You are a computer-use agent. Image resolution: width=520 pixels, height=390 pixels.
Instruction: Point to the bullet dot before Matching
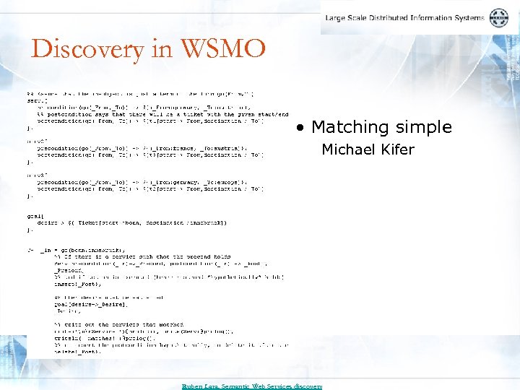click(x=300, y=128)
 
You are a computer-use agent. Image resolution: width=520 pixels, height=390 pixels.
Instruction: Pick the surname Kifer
click(x=397, y=149)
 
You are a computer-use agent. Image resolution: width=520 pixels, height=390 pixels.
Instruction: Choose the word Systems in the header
click(x=472, y=18)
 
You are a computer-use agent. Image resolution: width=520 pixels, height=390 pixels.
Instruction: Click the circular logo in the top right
click(x=499, y=18)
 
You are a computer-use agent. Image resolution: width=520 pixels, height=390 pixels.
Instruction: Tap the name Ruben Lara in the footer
click(x=200, y=386)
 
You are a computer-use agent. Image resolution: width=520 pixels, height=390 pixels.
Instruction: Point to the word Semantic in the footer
click(x=239, y=386)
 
